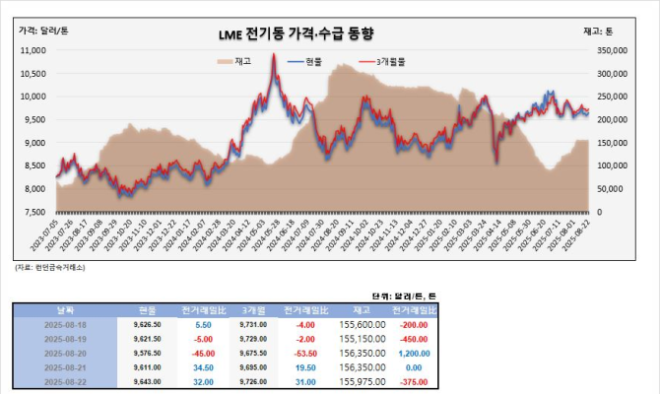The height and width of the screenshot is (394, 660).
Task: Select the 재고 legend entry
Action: (235, 62)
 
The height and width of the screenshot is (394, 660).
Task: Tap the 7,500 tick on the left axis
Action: (35, 212)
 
